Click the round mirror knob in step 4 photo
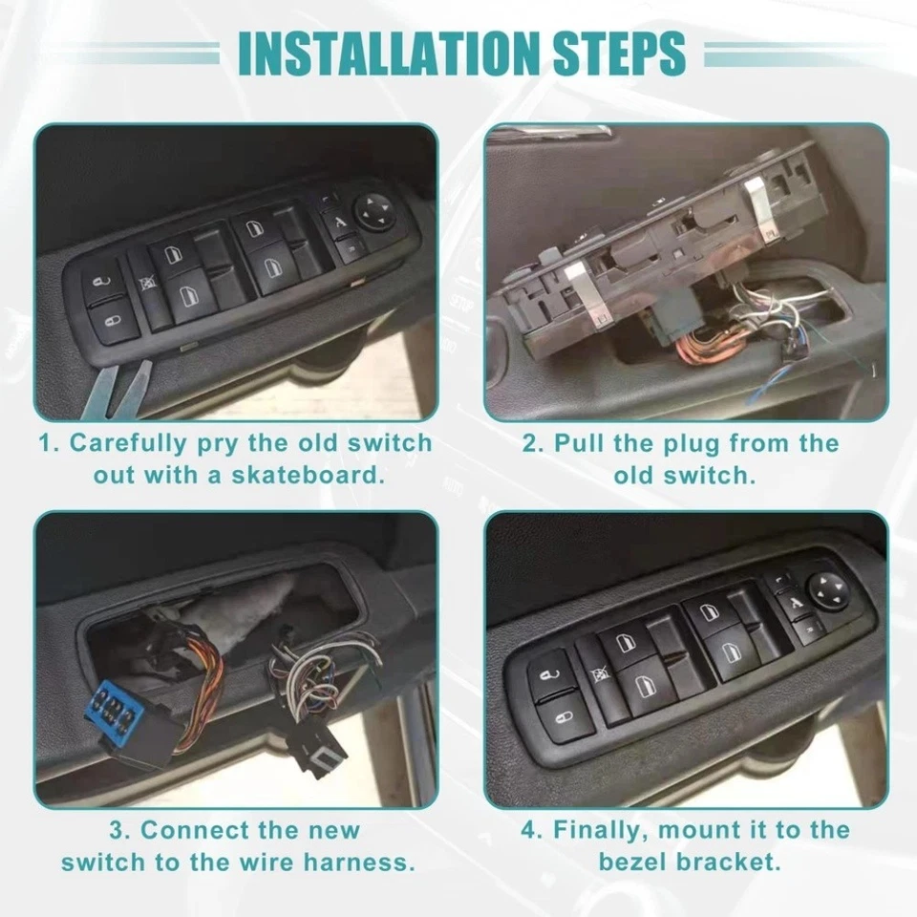point(825,586)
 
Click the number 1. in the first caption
point(48,443)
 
